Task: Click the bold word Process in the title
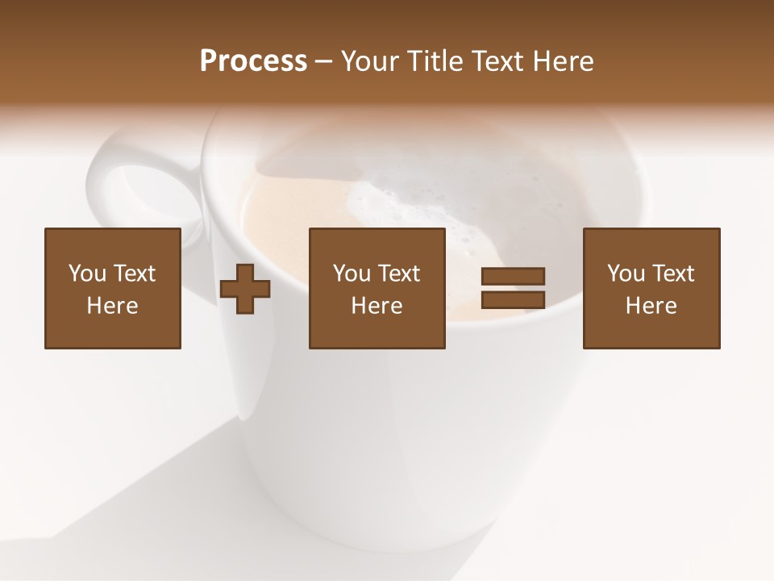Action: point(253,61)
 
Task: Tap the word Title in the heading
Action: point(436,61)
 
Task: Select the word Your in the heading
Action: point(372,61)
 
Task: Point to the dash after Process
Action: point(323,62)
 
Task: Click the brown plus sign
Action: point(245,288)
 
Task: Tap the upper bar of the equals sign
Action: point(513,276)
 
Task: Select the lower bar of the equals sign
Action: point(513,300)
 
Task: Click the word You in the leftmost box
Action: point(86,274)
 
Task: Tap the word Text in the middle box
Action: point(398,274)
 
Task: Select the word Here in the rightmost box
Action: point(651,306)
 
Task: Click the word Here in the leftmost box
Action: point(112,306)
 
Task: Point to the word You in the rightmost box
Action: point(625,274)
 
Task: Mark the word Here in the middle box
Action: point(377,306)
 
